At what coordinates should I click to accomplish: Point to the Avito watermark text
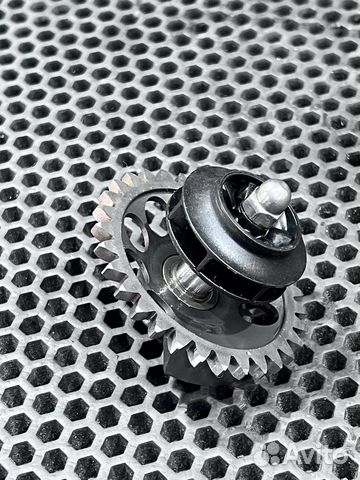click(319, 454)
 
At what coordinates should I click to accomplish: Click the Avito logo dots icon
click(273, 453)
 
